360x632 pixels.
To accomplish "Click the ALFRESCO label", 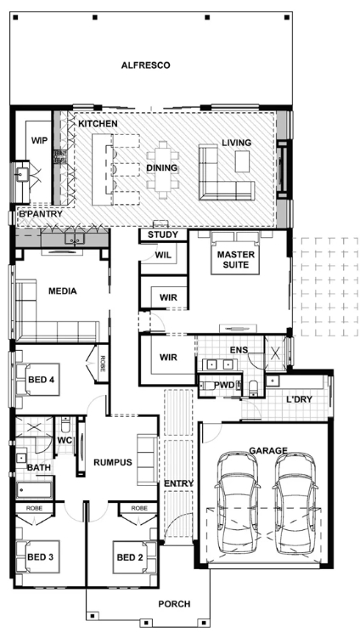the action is [146, 65].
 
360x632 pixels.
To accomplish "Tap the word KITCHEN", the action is [98, 123].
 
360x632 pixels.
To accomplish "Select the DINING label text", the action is [161, 167].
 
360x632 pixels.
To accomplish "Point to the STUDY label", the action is [163, 235].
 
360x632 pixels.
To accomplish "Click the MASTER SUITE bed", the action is [235, 253].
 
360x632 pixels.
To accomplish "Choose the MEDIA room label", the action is [63, 291].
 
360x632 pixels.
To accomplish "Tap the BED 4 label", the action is [41, 380].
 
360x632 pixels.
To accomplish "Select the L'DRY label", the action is [299, 399].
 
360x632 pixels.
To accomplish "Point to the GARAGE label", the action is [268, 450].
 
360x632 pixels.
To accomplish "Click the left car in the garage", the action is [236, 503].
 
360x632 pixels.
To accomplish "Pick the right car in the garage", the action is [295, 503].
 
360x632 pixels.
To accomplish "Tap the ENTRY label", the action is [179, 483].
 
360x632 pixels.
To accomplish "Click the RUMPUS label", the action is [113, 462].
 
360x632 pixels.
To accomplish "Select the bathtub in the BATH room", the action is [34, 490].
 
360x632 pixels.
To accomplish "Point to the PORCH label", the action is [174, 604].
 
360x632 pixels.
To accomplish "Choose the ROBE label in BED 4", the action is [103, 364].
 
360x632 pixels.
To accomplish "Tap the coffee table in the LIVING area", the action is [243, 161].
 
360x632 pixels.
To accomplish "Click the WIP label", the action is [39, 140].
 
